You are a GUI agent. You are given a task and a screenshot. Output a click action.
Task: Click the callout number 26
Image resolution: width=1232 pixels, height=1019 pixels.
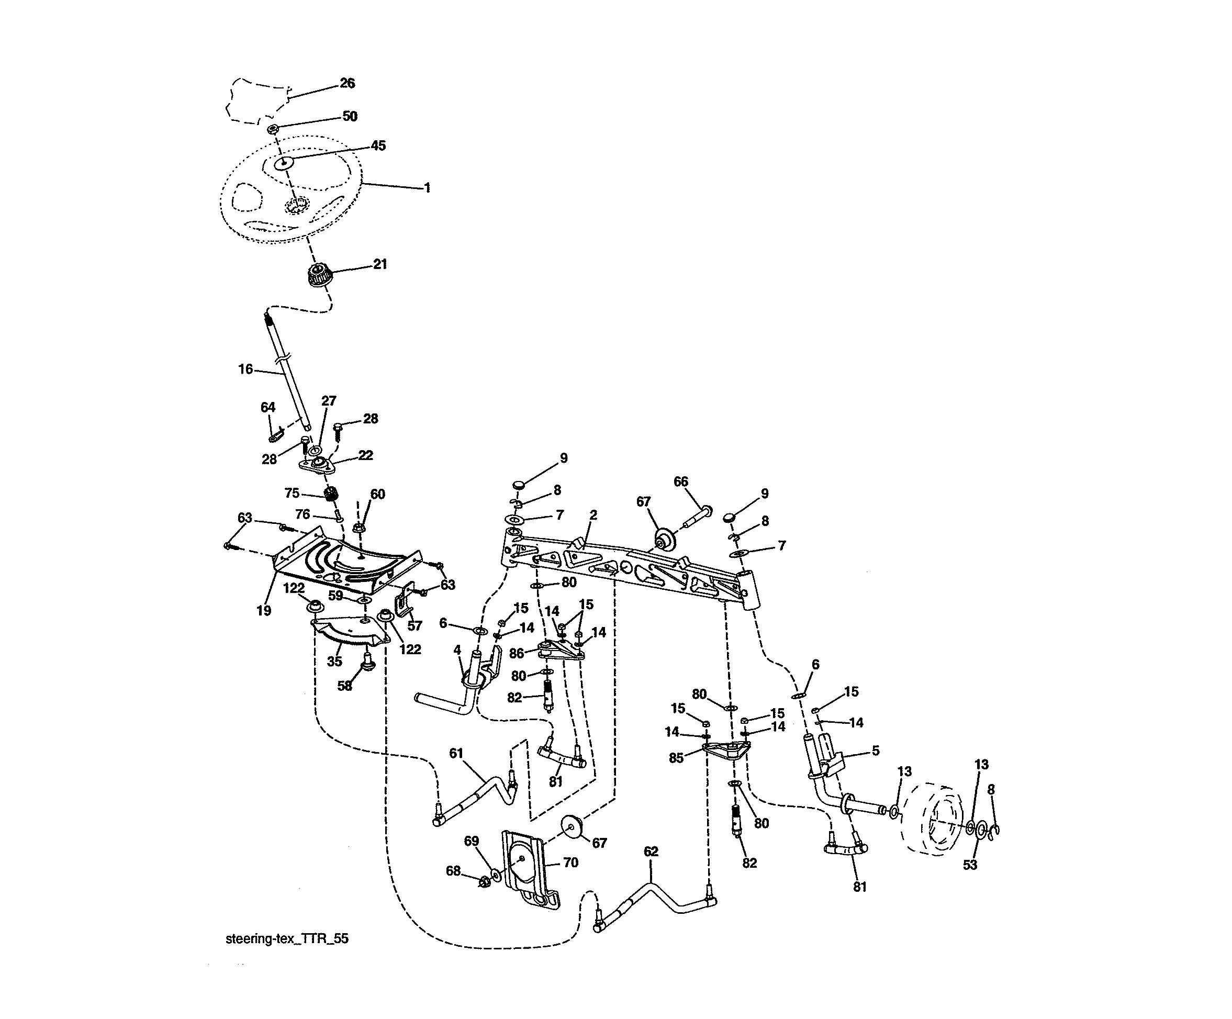[348, 83]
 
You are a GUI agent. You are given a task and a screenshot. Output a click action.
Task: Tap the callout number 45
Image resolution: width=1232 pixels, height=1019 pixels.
[378, 145]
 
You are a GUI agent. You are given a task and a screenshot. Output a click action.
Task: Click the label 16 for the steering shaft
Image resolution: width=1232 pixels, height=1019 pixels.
[245, 369]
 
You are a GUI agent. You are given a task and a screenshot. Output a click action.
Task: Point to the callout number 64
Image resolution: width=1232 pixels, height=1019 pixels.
[267, 407]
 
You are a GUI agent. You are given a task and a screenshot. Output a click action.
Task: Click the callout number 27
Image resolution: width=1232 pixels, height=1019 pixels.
[329, 401]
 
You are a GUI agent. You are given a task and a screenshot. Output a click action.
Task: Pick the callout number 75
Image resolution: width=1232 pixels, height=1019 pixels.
[292, 494]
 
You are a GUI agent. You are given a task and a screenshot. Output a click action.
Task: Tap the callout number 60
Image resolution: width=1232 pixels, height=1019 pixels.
[377, 494]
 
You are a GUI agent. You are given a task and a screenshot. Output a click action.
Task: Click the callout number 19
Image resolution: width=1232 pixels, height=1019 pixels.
[263, 611]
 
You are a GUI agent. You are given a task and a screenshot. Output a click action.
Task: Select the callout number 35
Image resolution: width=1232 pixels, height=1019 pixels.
[334, 662]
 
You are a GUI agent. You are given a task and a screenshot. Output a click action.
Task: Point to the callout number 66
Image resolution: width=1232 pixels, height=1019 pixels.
[680, 481]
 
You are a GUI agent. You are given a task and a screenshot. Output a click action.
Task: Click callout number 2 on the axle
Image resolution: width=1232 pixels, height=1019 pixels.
[593, 515]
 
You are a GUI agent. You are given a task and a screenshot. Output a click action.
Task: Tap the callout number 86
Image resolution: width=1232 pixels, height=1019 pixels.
[516, 654]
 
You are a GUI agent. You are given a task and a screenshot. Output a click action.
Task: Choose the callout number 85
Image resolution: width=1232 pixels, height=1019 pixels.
[676, 758]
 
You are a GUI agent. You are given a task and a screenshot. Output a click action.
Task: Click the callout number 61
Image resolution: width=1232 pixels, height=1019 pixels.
[456, 753]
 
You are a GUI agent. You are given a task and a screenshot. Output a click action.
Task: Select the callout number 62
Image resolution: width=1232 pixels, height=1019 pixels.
[651, 851]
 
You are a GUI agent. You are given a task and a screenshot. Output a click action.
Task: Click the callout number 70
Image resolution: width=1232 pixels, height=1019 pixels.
[570, 863]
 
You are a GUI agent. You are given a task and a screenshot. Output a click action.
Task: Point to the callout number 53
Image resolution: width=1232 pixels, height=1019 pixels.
[970, 865]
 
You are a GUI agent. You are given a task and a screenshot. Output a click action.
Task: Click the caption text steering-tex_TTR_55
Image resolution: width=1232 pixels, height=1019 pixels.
[287, 938]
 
